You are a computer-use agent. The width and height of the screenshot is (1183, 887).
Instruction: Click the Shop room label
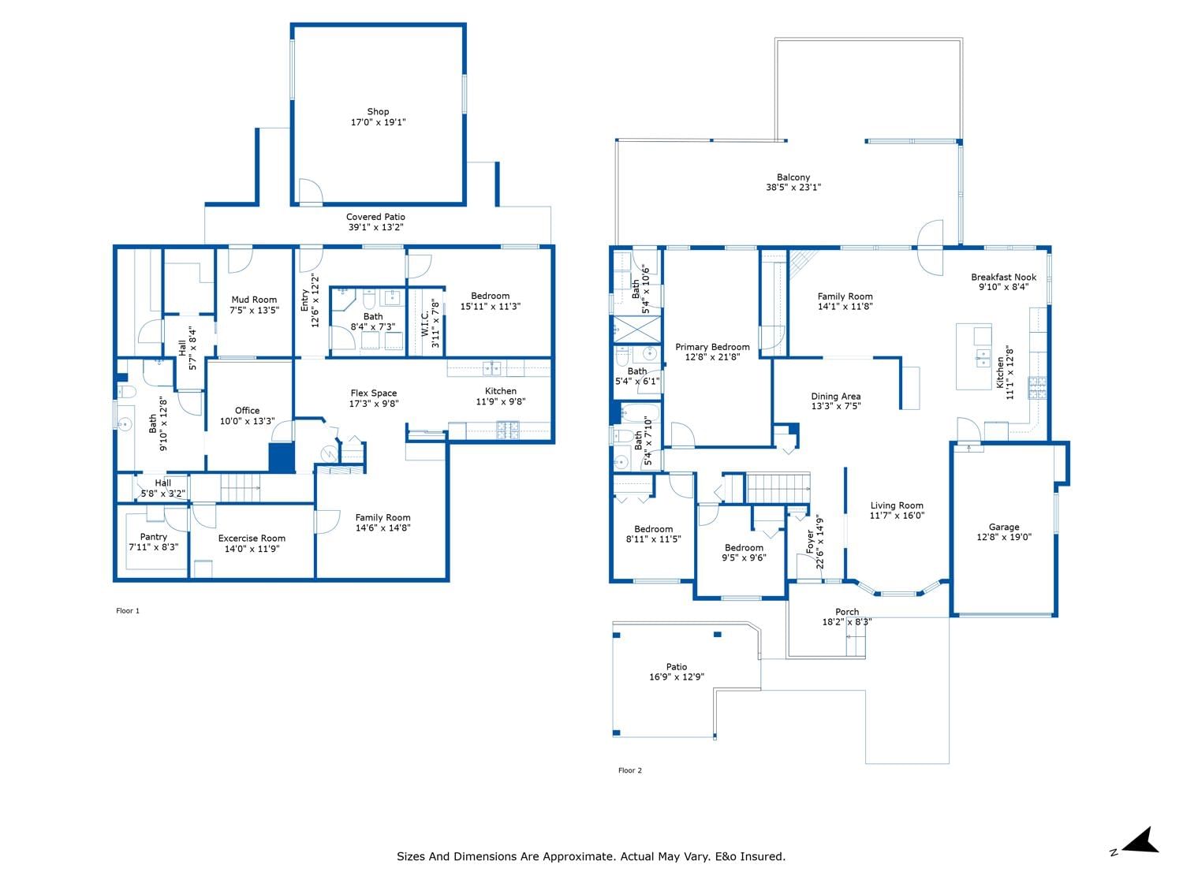click(378, 111)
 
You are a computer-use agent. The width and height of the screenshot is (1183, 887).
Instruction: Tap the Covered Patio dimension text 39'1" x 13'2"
click(375, 227)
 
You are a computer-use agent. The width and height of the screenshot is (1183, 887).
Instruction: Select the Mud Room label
click(254, 300)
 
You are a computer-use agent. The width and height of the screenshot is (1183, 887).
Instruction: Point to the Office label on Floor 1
click(247, 410)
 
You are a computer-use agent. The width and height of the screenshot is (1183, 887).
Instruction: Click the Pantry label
click(154, 537)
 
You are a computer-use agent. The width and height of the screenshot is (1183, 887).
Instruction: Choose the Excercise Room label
click(252, 538)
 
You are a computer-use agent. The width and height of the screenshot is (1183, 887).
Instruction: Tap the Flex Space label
click(374, 393)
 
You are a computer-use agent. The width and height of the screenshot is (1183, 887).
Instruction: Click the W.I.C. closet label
click(424, 324)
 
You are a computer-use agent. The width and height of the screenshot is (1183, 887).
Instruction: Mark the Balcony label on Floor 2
click(793, 177)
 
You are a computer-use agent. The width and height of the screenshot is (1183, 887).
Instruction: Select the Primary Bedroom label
click(712, 347)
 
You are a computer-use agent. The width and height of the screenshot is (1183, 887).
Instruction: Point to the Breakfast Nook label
click(1003, 277)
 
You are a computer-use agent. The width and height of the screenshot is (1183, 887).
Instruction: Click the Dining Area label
click(835, 396)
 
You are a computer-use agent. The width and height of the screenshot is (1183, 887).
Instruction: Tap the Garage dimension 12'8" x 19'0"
click(1003, 537)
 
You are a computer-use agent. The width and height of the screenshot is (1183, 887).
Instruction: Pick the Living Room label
click(897, 505)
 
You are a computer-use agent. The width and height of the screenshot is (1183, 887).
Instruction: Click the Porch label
click(847, 612)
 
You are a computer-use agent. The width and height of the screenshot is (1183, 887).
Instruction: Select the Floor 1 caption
click(128, 611)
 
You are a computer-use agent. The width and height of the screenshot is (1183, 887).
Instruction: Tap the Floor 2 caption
click(630, 770)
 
